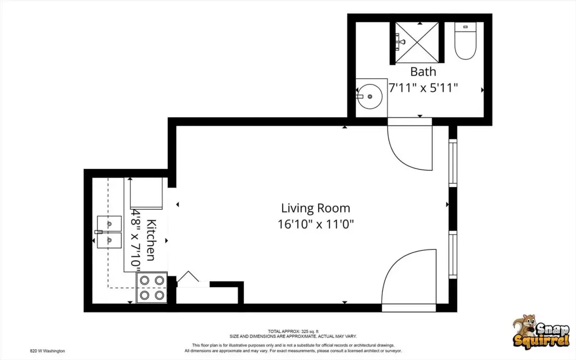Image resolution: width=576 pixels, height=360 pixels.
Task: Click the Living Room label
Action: pos(315,208)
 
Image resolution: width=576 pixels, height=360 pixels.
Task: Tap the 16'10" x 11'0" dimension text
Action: pos(315,224)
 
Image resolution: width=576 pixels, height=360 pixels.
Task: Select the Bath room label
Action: pos(423,72)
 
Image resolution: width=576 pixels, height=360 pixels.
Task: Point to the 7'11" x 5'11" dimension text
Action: pos(423,87)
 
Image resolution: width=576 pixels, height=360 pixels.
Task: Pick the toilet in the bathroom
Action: pos(465,42)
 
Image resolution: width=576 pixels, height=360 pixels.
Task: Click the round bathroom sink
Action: pos(369,96)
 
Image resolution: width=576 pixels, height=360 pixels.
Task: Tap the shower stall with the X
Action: pos(417,42)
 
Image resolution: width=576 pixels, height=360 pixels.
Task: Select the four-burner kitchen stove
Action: pos(151,287)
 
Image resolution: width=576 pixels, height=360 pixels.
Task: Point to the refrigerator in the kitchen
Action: pos(146,194)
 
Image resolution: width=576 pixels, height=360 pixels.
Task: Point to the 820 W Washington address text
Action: pos(47,350)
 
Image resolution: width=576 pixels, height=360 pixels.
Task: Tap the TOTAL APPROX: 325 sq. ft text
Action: pos(293,331)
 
